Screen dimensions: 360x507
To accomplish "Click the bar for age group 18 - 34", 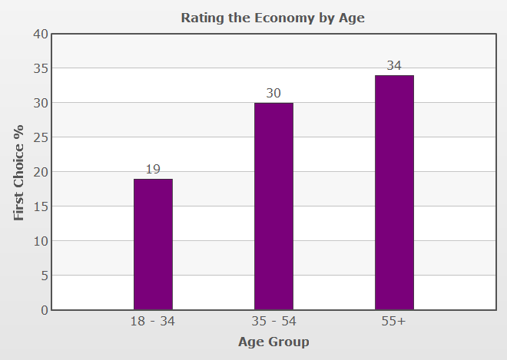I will pos(153,244).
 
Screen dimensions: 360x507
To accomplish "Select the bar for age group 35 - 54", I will pos(273,206).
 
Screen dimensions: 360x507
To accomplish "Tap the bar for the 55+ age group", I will pos(394,192).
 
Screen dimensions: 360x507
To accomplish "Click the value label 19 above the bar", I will pos(153,169).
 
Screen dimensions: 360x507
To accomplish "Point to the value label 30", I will pos(273,93).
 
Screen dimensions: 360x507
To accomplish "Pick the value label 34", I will pos(394,65).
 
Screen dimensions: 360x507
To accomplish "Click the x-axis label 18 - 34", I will pos(153,322).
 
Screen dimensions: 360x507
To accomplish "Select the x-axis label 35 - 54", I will pos(273,322).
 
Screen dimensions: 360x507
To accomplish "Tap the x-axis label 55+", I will pos(393,322).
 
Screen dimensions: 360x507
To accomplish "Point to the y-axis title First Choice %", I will pos(19,172).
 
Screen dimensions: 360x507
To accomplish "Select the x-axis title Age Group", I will pos(273,342).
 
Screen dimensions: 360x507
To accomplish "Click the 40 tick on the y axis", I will pos(40,34).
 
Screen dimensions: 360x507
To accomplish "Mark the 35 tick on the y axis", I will pos(40,68).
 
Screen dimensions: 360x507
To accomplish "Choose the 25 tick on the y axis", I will pos(40,137).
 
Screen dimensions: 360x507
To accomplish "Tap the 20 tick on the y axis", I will pos(40,172).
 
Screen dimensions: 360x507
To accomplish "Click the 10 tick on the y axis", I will pos(40,241).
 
